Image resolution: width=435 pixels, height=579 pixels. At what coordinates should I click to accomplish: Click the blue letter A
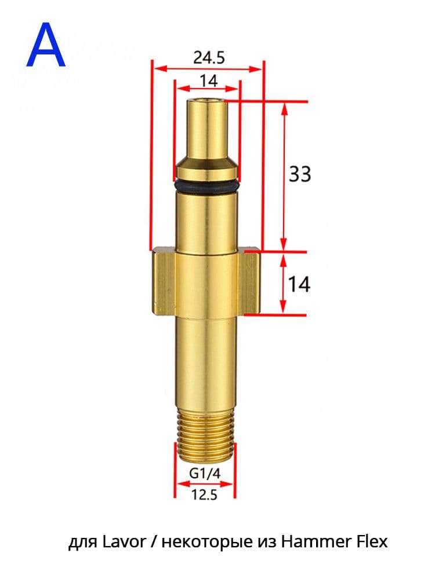click(x=46, y=45)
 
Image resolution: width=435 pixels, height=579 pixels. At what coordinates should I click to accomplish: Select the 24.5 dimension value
click(x=209, y=57)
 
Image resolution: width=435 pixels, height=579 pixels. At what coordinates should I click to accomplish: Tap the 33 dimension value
click(x=300, y=174)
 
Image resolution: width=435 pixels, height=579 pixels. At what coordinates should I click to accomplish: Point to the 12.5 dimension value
click(x=205, y=494)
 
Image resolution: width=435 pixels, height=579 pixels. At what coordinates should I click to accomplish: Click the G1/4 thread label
click(x=205, y=474)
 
